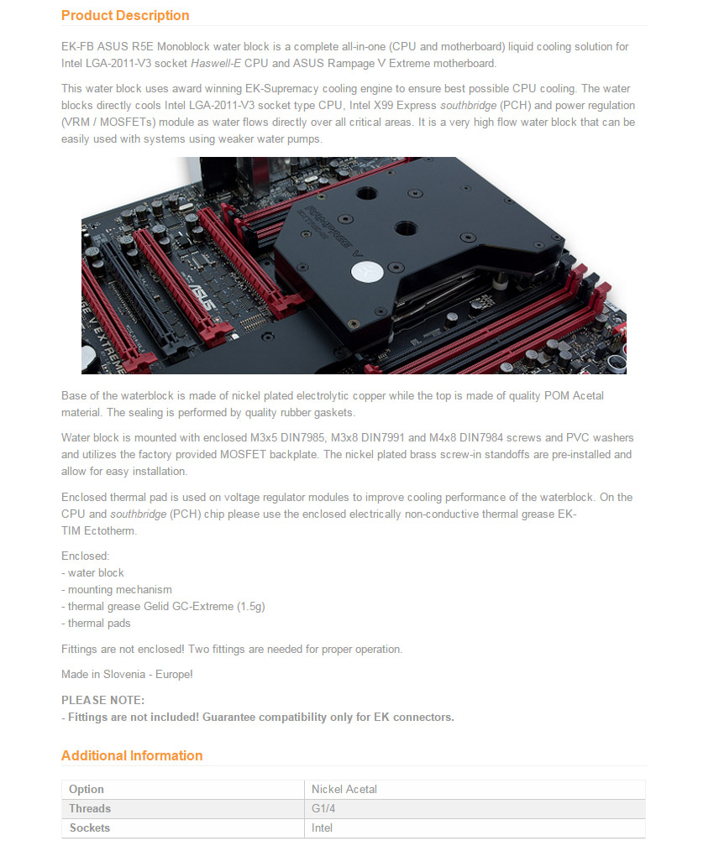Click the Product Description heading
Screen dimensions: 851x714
125,15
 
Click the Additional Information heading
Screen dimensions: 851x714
132,755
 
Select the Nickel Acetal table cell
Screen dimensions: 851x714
344,789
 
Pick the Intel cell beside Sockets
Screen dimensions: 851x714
322,828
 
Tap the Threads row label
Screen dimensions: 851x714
90,808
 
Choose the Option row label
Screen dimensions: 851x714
87,789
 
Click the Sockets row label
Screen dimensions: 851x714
90,828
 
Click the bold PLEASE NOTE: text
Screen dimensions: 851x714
102,700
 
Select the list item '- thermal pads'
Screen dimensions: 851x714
96,623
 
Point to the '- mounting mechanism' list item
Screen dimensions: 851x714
117,589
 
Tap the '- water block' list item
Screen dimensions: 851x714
92,572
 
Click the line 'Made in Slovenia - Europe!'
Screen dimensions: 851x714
127,674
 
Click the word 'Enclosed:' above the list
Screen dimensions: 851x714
86,556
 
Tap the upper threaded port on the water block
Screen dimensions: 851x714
365,194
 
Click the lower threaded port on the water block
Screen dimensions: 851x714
407,227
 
